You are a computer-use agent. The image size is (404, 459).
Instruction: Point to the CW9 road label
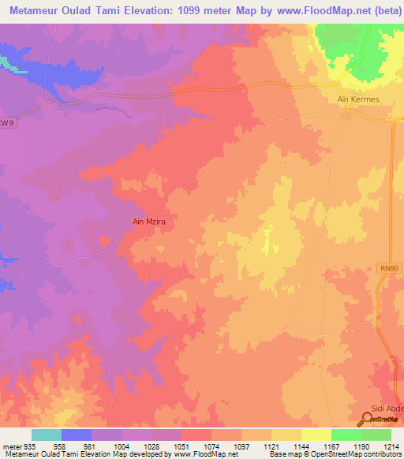point(7,122)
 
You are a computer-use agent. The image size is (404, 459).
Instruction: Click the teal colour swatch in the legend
point(47,435)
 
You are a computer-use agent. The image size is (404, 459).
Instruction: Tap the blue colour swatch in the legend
point(77,435)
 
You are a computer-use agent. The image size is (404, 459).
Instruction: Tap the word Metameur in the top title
point(35,10)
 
